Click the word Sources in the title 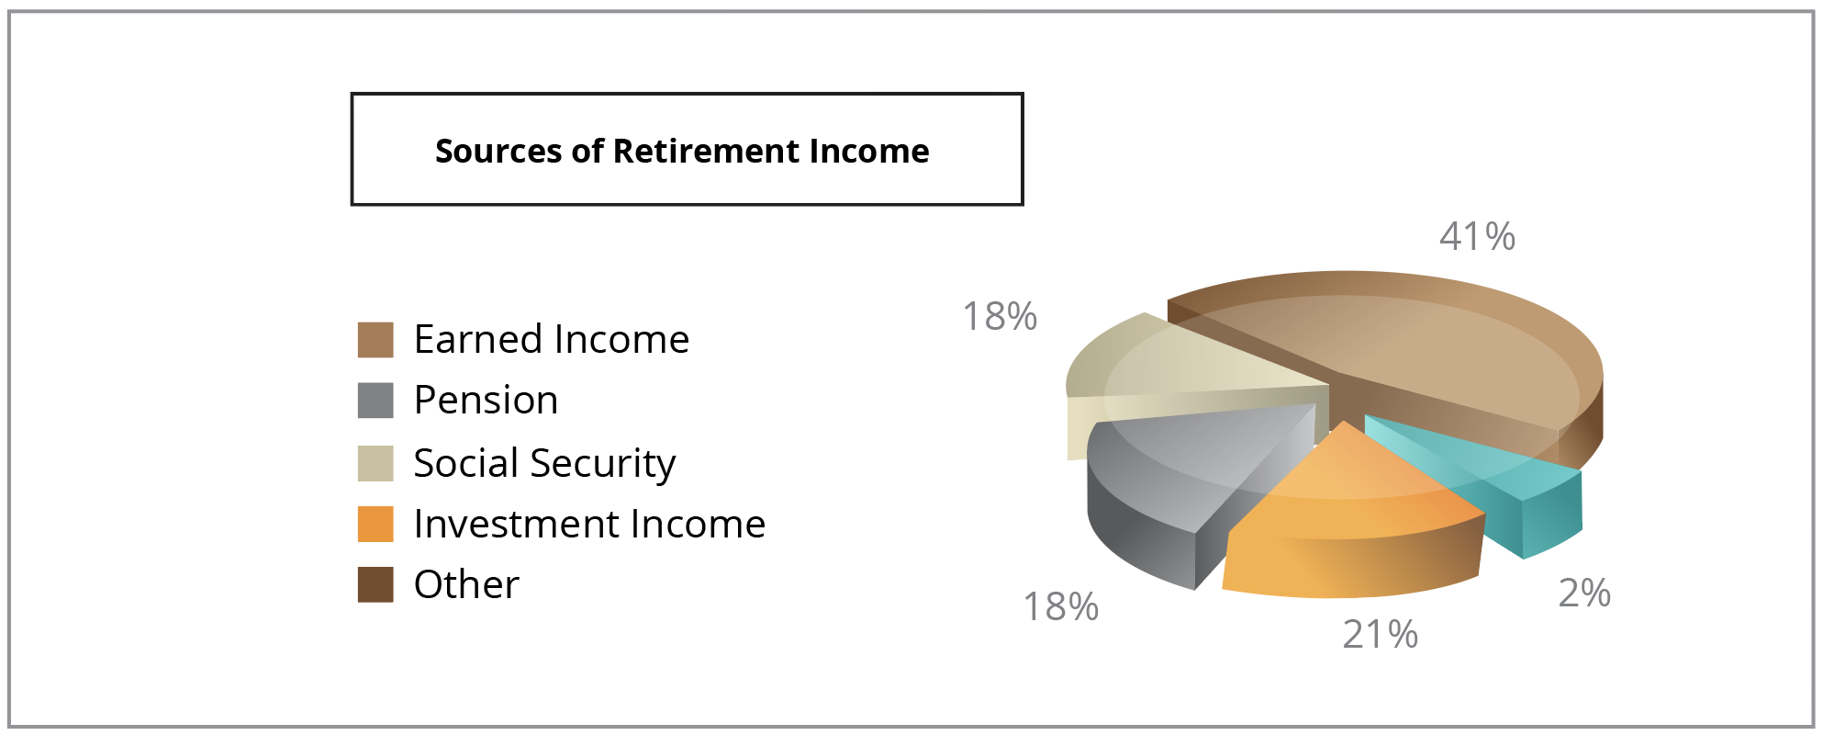498,151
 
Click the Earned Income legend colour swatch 375,339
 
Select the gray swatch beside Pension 375,401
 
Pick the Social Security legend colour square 375,463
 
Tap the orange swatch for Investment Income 375,524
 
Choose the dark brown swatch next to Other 375,584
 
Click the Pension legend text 486,400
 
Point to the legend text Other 466,584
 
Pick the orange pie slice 1349,524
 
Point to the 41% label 1477,237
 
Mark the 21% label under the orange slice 1381,635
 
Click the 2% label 1584,594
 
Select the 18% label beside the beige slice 1000,317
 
